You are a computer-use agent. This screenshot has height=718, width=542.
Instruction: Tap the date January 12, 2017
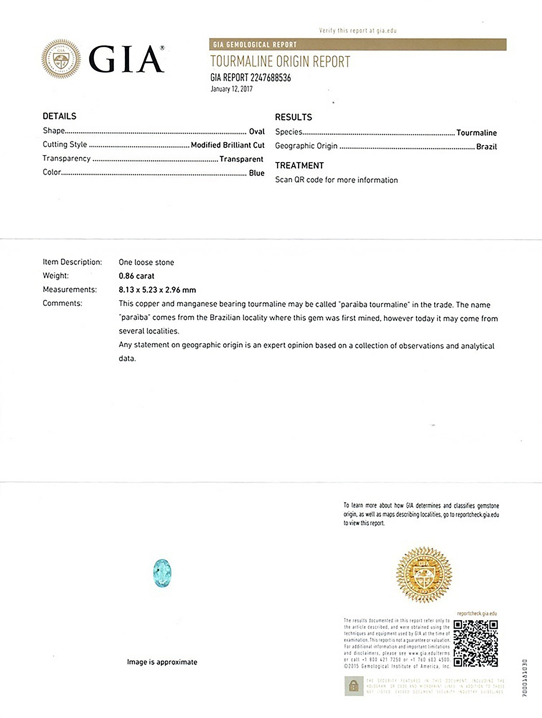231,89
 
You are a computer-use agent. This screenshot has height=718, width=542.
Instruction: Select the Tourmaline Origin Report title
280,62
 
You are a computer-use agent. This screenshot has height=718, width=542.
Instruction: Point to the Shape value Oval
257,132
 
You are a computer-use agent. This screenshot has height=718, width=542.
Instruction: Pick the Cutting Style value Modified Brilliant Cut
227,145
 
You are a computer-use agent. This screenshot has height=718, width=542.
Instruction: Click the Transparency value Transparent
241,159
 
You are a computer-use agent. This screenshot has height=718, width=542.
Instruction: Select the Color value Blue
257,173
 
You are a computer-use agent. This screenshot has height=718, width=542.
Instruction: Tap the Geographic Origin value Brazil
486,147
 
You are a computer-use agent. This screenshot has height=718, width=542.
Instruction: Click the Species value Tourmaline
476,133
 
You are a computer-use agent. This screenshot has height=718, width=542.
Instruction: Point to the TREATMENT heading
299,165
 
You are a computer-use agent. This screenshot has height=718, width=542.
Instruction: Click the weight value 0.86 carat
136,276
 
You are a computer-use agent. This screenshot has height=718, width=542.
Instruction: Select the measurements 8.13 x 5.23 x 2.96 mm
157,290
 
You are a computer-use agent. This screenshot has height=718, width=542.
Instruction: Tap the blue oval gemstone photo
162,573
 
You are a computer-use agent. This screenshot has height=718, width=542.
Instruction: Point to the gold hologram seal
424,574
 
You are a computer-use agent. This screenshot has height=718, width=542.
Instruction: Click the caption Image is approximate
162,662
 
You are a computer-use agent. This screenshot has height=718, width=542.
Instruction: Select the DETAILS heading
59,116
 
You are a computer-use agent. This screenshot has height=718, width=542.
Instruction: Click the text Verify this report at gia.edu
357,31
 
